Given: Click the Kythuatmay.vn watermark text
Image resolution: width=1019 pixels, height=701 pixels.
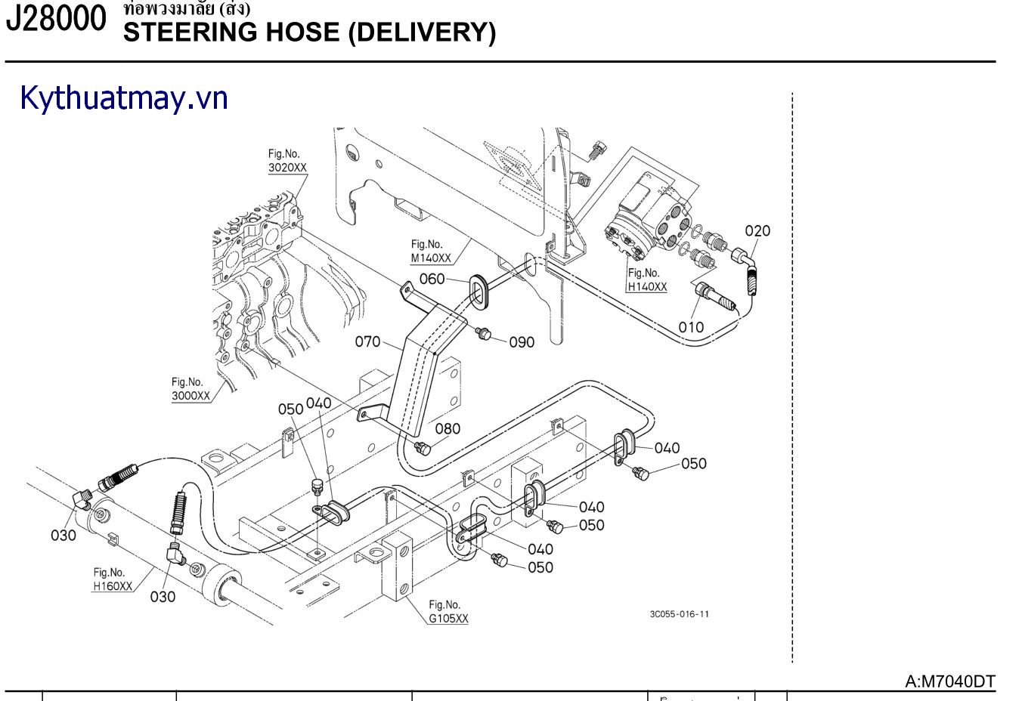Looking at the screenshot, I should [x=124, y=99].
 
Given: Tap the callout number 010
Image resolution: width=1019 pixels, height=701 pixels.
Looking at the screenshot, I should [x=690, y=327].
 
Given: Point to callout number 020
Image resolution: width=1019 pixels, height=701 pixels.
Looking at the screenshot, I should [x=757, y=231].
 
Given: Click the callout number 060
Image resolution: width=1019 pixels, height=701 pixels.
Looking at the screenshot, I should [x=432, y=279].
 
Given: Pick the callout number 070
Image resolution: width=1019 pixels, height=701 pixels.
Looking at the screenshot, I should [x=368, y=341].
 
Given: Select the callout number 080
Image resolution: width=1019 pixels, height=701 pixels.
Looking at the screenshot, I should [x=448, y=428].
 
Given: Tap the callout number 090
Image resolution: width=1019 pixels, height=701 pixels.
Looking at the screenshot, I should [x=522, y=342].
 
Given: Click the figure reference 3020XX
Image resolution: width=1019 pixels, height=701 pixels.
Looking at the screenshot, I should [x=287, y=168].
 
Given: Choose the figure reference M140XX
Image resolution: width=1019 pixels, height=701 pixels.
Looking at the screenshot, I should [x=431, y=258].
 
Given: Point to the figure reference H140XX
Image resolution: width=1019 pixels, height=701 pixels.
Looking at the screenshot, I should [x=647, y=287].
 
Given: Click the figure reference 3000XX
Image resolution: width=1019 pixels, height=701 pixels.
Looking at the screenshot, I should [x=190, y=395].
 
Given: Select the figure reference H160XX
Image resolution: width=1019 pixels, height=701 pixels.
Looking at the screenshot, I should [x=113, y=586].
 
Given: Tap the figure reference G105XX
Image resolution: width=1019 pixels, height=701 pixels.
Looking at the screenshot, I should [x=448, y=618].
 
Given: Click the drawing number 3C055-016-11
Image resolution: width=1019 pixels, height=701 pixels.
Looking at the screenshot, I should [x=679, y=614].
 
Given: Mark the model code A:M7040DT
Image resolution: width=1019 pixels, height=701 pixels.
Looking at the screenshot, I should [x=950, y=681].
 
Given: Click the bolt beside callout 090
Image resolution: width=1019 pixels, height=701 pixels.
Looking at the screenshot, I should [x=485, y=333].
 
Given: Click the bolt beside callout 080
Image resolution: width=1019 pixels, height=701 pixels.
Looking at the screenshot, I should [x=423, y=449].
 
